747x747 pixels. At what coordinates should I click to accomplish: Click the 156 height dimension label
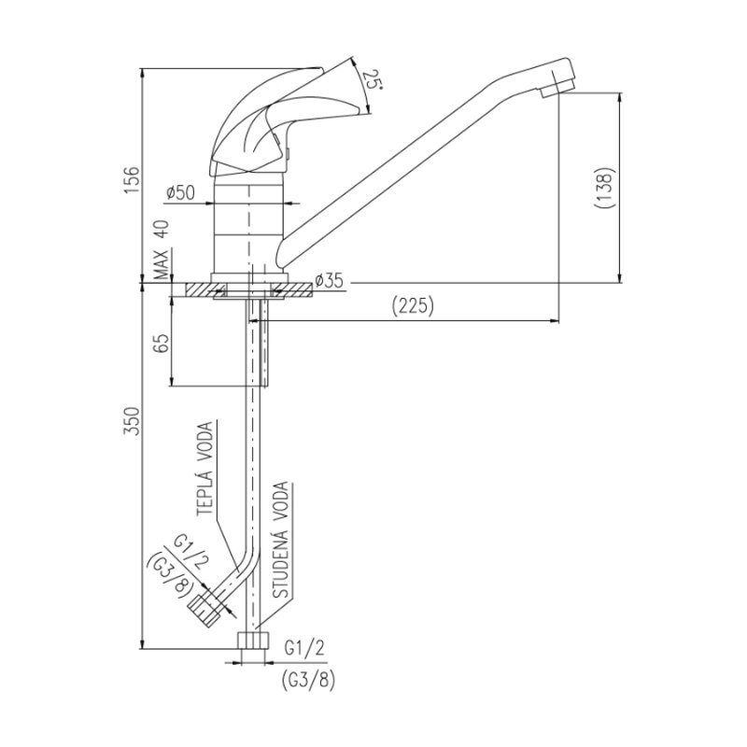133,179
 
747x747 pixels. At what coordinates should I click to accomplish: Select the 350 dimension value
133,421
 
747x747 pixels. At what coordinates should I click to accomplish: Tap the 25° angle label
372,80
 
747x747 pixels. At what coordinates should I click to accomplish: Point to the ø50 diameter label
180,193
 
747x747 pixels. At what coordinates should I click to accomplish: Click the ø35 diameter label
329,281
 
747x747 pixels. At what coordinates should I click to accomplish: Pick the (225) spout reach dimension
413,306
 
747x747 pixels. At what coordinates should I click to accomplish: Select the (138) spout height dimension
602,188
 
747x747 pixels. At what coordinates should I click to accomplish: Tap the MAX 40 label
162,249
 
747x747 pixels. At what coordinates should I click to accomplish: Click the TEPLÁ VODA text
205,469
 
